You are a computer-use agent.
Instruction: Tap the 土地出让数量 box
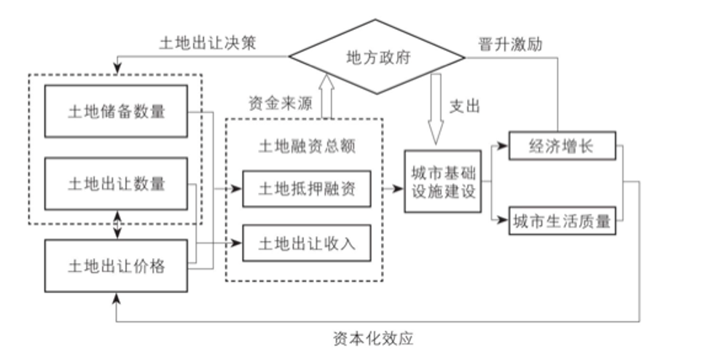(117, 183)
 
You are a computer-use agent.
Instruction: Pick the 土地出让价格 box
(117, 266)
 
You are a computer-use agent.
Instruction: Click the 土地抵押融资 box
(305, 189)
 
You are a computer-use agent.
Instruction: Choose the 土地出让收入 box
(305, 243)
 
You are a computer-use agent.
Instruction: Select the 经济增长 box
(561, 146)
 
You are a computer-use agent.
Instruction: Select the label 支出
(465, 106)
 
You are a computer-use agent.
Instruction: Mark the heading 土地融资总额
(306, 145)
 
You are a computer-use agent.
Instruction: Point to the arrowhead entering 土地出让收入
(238, 243)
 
